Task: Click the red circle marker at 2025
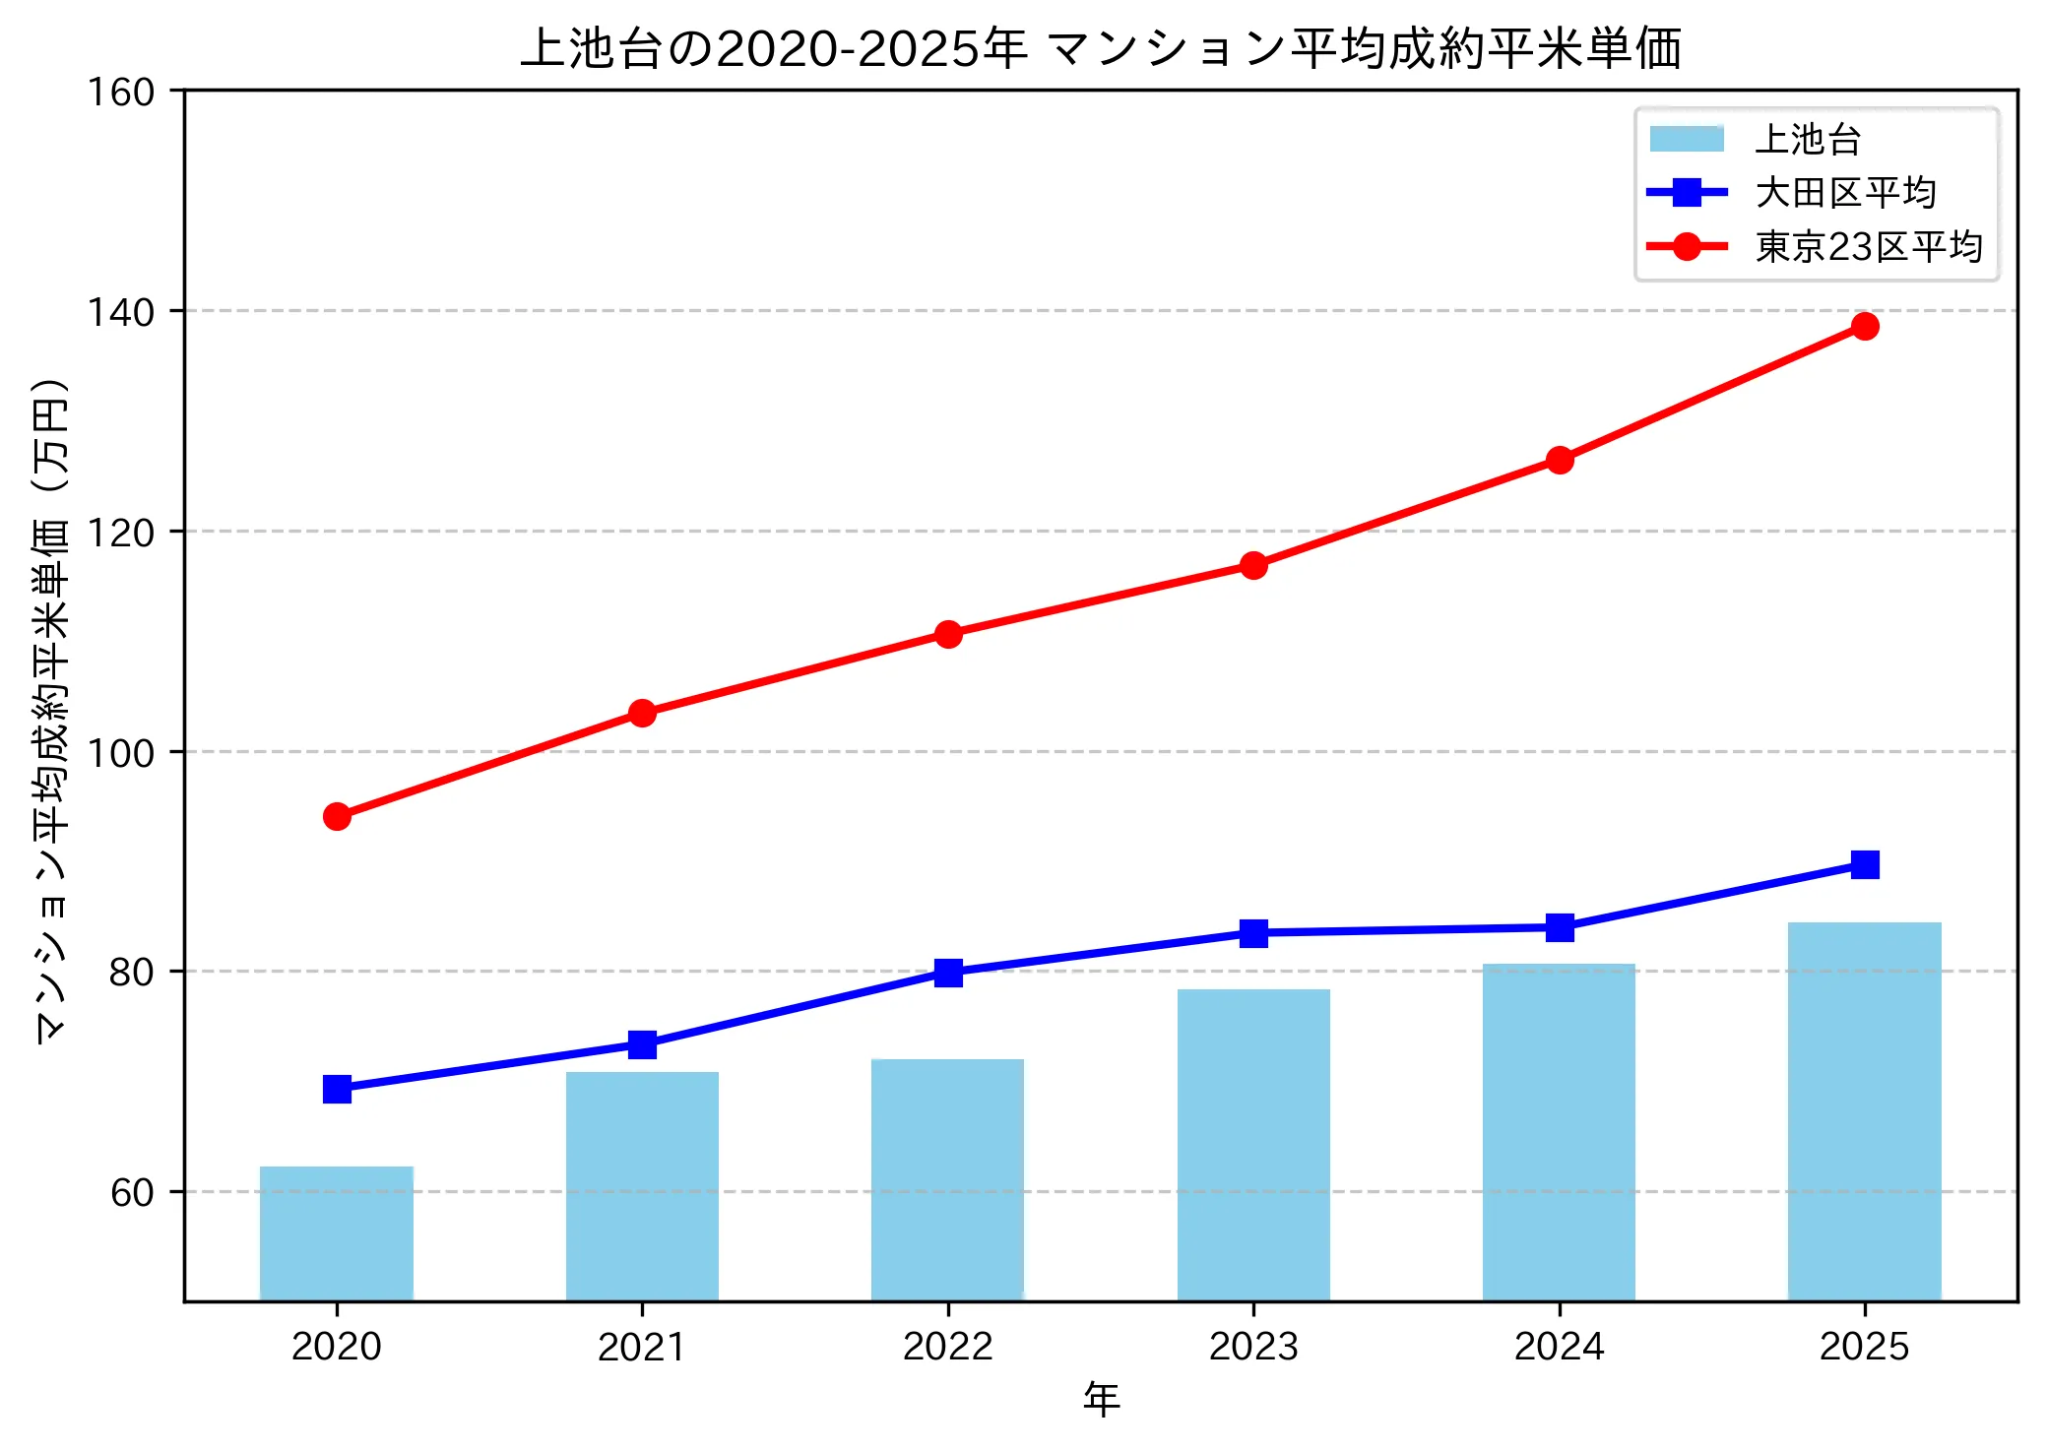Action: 1864,326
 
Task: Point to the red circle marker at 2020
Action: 337,816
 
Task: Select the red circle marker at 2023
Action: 1253,565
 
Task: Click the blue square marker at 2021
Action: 642,1044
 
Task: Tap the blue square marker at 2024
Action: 1559,927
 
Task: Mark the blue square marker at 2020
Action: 337,1089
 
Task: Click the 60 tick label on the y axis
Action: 132,1193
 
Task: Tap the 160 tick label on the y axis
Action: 121,93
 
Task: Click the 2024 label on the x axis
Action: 1559,1346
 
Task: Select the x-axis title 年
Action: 1101,1399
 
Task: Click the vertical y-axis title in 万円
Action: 51,709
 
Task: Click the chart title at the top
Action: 1101,47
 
